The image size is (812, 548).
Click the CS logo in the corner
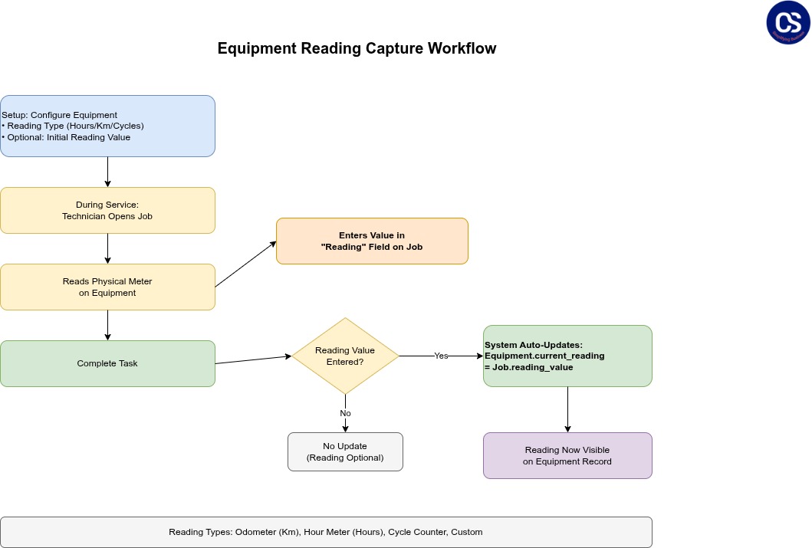coord(788,22)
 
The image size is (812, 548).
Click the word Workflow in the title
coord(462,48)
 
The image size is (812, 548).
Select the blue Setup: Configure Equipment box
coord(107,126)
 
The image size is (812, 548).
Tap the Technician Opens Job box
coord(107,210)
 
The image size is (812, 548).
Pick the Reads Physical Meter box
coord(107,287)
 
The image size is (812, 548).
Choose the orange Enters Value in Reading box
coord(372,241)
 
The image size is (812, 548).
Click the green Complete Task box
coord(107,363)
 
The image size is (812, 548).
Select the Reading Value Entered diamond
coord(345,356)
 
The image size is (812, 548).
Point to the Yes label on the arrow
coord(441,356)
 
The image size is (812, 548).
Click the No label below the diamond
coord(345,413)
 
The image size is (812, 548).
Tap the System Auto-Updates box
coord(567,356)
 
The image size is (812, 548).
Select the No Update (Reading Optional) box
coord(345,451)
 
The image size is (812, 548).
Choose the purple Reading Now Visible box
coord(567,455)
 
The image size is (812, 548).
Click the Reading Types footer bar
coord(326,532)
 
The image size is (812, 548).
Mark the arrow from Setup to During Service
coord(107,172)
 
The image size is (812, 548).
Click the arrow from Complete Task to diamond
coord(253,359)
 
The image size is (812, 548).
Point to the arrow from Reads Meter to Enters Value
coord(245,264)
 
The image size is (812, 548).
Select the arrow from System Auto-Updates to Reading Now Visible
coord(567,409)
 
